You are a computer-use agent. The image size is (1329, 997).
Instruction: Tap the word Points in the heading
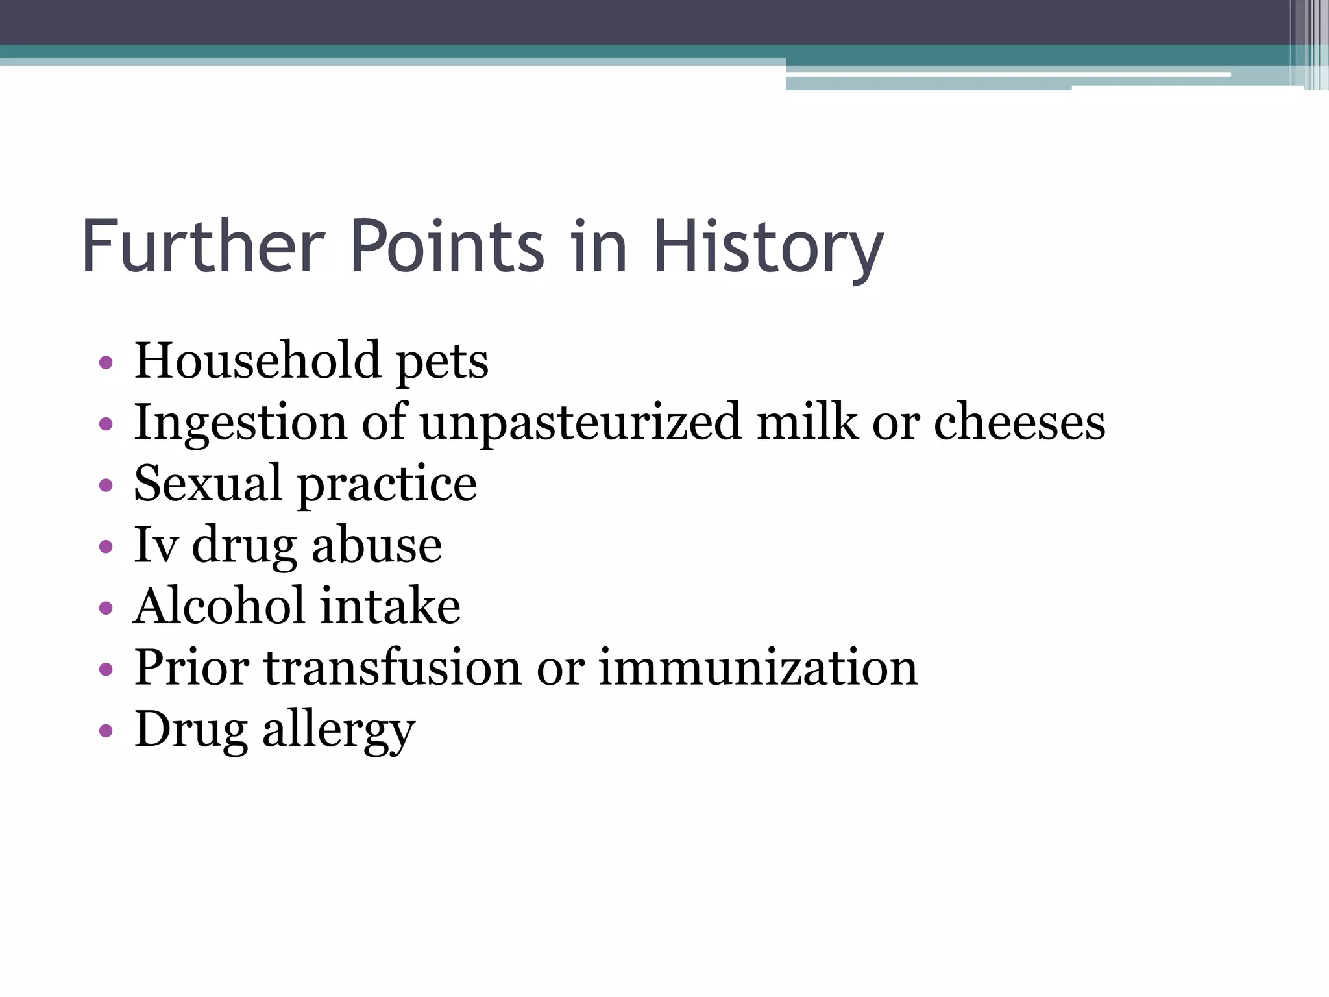tap(447, 247)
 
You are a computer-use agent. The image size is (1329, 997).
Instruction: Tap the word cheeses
tap(1019, 422)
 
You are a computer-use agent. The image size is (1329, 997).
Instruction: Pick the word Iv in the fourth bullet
tap(155, 545)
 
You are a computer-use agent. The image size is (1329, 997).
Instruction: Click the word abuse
tap(376, 545)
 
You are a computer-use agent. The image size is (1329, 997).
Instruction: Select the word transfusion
tap(392, 667)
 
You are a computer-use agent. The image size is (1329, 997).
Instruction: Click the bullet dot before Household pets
tap(106, 362)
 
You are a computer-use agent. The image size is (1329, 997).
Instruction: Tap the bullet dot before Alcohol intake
tap(106, 608)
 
